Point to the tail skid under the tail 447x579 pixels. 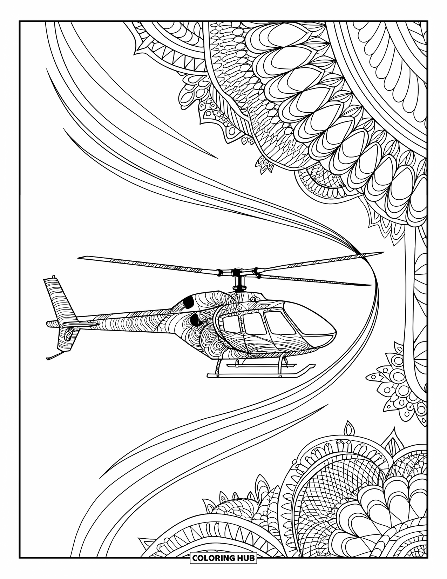coord(53,356)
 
